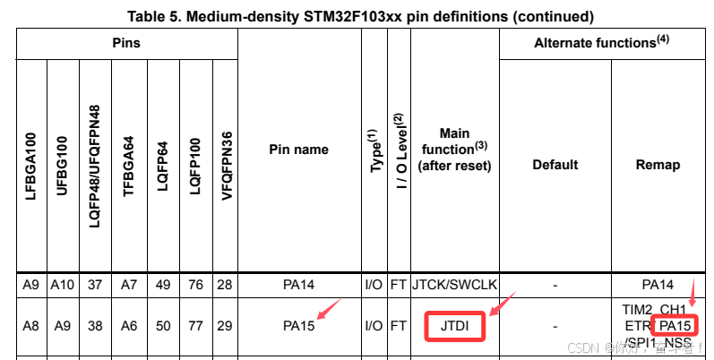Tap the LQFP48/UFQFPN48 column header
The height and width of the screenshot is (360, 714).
click(x=96, y=165)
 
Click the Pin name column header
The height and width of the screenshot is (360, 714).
click(x=298, y=150)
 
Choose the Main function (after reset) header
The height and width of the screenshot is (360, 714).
click(x=455, y=150)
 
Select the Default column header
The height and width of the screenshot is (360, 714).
click(x=555, y=165)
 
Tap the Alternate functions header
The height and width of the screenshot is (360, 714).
click(x=606, y=43)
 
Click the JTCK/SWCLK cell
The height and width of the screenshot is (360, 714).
click(x=455, y=285)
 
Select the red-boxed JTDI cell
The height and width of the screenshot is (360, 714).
click(x=455, y=325)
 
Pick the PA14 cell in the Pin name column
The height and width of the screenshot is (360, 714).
click(x=298, y=285)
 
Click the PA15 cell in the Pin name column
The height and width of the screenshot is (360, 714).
click(x=298, y=326)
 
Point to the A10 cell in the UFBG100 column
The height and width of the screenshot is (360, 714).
click(x=63, y=285)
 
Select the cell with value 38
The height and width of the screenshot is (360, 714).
click(x=96, y=326)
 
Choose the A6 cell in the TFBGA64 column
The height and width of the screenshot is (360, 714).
click(x=129, y=326)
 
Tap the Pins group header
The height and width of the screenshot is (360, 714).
click(x=126, y=43)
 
